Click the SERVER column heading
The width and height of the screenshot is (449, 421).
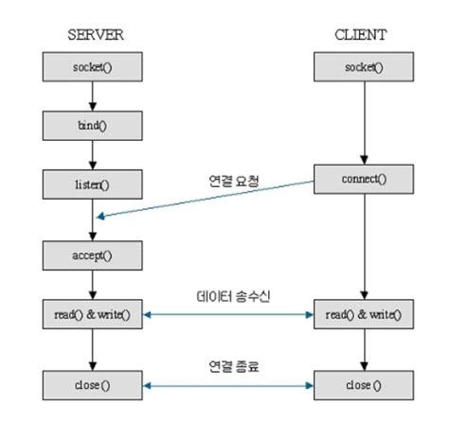coord(93,35)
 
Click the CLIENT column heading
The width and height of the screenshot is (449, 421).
coord(364,35)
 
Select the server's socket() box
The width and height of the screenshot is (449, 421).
coord(93,67)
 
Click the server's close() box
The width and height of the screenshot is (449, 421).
coord(93,386)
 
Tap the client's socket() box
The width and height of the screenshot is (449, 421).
coord(364,67)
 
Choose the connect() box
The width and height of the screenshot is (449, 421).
coord(364,177)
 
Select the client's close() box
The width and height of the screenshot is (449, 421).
coord(364,386)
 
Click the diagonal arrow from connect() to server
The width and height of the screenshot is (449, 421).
coord(208,199)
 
